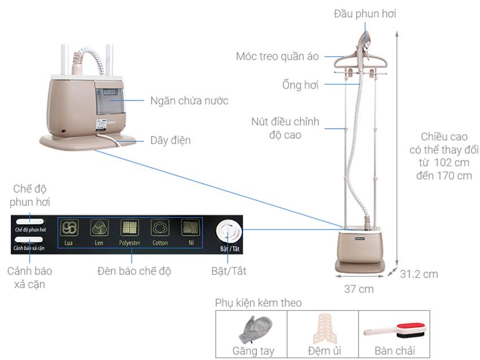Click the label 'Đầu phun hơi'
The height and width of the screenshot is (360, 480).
click(364, 14)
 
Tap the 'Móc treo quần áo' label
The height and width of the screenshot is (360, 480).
click(277, 56)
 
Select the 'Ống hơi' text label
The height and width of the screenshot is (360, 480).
click(300, 85)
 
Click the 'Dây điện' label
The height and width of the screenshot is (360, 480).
click(171, 140)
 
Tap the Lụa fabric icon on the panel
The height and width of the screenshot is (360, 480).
click(70, 228)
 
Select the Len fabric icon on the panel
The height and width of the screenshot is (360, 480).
click(99, 228)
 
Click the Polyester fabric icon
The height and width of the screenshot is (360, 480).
click(129, 228)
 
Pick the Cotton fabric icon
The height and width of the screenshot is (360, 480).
click(160, 228)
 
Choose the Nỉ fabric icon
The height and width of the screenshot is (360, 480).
click(189, 228)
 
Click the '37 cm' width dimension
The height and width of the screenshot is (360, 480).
click(359, 289)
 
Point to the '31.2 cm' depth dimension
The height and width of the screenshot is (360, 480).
click(419, 274)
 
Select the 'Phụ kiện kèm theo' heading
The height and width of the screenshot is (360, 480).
click(258, 303)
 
